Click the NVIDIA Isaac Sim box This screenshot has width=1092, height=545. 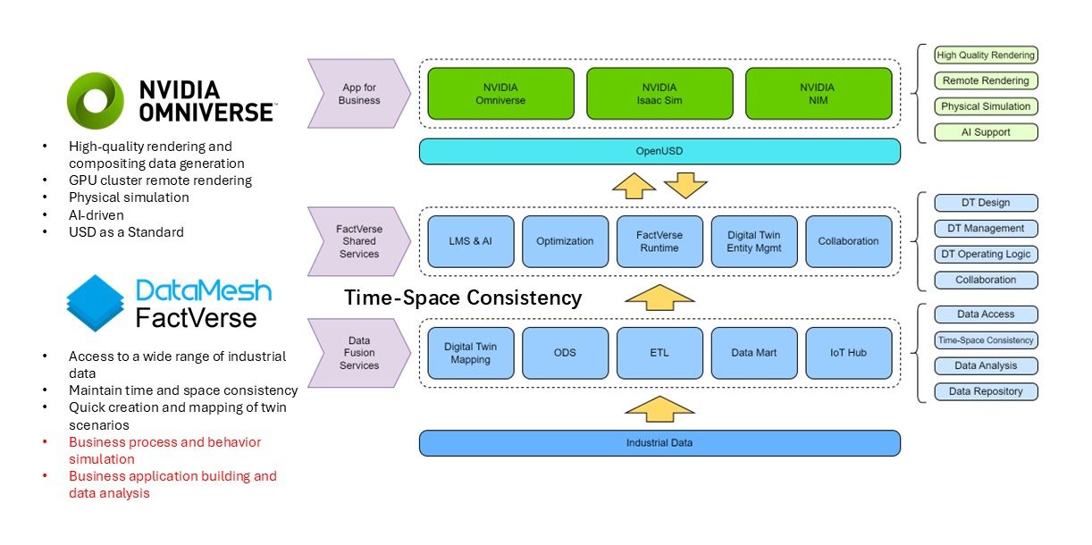[x=659, y=94]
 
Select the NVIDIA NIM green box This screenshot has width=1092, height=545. [x=818, y=94]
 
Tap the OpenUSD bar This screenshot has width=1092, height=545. [x=659, y=151]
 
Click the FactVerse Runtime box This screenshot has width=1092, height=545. [x=659, y=241]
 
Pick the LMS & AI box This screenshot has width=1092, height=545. [x=470, y=241]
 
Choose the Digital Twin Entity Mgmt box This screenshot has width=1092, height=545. [x=753, y=241]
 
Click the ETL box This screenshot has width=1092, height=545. [x=659, y=353]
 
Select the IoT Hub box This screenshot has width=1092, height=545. [x=848, y=353]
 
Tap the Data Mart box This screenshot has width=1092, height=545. [x=753, y=353]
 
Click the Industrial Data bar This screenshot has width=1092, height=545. [x=659, y=443]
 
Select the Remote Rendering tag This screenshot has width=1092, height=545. [x=986, y=80]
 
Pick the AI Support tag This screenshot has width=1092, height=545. [x=986, y=132]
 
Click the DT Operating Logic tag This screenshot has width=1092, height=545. [x=986, y=254]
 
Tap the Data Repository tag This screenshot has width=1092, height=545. [x=986, y=391]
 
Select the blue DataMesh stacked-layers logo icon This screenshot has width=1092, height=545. [x=96, y=304]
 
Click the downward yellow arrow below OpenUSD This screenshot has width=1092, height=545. [x=685, y=185]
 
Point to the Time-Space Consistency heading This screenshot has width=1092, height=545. [x=463, y=298]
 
